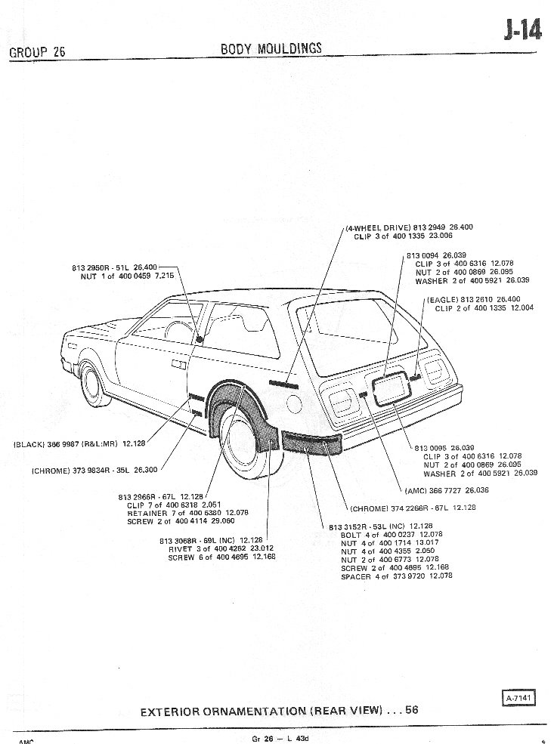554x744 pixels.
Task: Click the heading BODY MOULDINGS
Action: click(271, 48)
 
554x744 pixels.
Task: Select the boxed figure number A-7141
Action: click(517, 698)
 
